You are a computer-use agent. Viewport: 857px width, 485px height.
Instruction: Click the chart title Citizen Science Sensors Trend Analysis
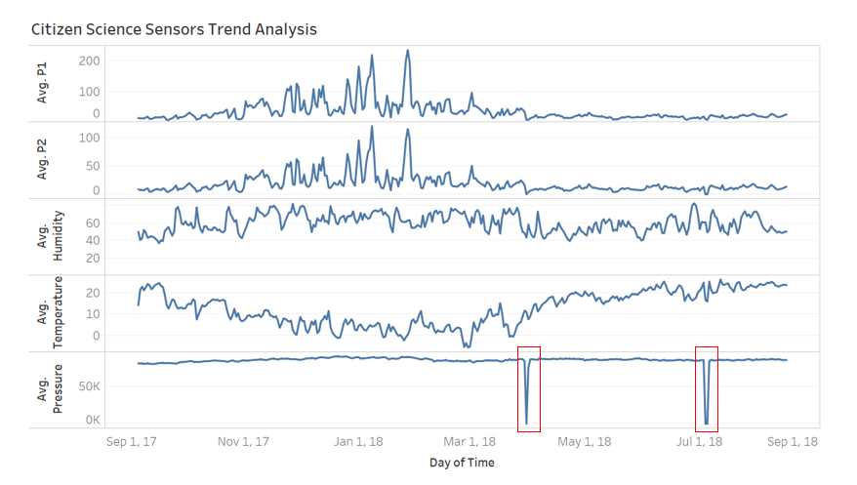pyautogui.click(x=174, y=29)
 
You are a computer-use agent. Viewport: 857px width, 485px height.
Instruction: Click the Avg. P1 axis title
pyautogui.click(x=43, y=84)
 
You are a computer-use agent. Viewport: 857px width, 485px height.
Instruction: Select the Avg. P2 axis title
pyautogui.click(x=43, y=161)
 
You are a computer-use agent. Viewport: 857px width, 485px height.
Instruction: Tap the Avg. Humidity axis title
pyautogui.click(x=50, y=237)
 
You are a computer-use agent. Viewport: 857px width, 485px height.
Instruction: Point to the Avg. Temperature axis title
pyautogui.click(x=50, y=313)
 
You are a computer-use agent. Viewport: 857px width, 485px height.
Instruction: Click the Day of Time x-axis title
pyautogui.click(x=462, y=463)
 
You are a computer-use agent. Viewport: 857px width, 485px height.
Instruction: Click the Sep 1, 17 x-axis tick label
pyautogui.click(x=132, y=442)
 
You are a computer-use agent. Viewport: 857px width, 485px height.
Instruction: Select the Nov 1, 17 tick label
pyautogui.click(x=243, y=442)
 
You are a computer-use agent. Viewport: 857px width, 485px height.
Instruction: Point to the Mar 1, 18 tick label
pyautogui.click(x=469, y=442)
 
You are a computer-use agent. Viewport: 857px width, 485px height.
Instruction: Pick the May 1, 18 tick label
pyautogui.click(x=584, y=442)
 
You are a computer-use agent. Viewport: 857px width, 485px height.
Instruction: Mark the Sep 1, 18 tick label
pyautogui.click(x=792, y=442)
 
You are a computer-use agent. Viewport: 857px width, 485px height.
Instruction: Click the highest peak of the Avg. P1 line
pyautogui.click(x=407, y=51)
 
